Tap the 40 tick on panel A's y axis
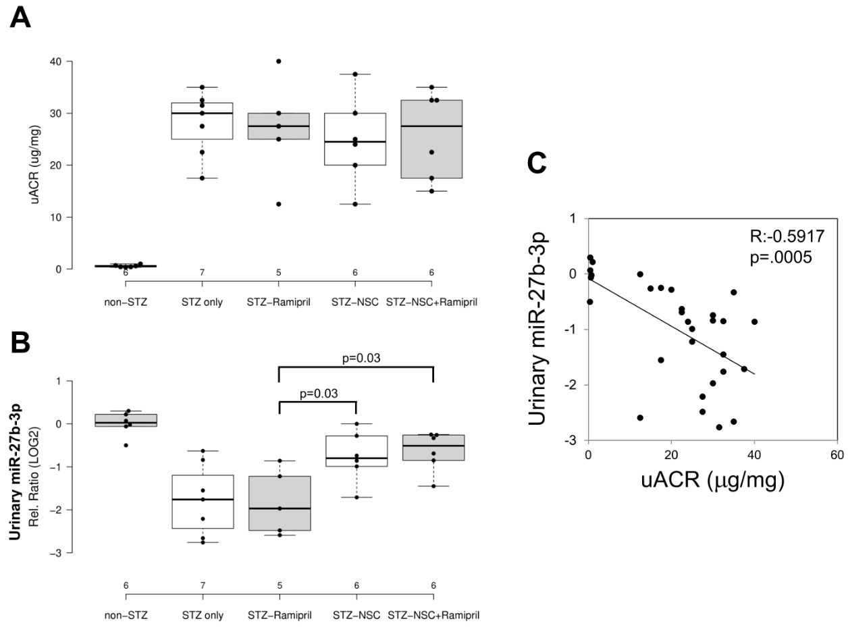(x=60, y=61)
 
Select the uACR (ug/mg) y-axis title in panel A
(x=30, y=165)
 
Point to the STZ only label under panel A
(x=203, y=301)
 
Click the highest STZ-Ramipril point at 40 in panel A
(x=279, y=61)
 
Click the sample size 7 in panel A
(x=203, y=273)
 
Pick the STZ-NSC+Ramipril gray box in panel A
(x=432, y=139)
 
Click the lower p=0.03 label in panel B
(x=317, y=393)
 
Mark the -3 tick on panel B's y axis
(x=58, y=553)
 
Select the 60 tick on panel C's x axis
(x=837, y=454)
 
